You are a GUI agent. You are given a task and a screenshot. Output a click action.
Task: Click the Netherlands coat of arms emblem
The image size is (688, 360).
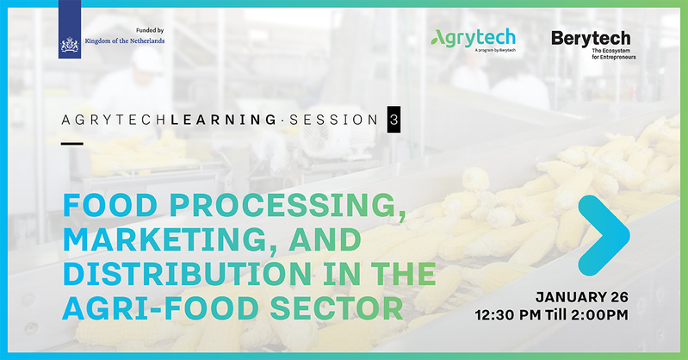(x=70, y=45)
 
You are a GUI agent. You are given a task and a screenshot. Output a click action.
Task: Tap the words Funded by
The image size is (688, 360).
(x=150, y=30)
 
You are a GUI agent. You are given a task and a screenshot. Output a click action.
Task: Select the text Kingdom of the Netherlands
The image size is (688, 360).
(x=125, y=40)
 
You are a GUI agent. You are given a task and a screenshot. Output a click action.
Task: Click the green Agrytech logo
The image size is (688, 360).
(x=473, y=39)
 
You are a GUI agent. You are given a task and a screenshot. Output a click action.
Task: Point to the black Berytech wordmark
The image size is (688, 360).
(x=591, y=39)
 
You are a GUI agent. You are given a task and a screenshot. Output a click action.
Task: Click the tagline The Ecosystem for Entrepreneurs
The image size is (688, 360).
(x=613, y=54)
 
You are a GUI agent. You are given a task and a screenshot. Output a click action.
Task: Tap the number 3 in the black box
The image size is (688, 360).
(x=394, y=120)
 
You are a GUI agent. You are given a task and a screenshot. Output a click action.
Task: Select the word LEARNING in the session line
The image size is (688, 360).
(x=223, y=120)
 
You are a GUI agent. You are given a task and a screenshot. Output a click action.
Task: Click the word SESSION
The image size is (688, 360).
(x=333, y=120)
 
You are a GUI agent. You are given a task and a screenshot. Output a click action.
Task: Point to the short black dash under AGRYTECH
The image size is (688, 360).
(x=72, y=144)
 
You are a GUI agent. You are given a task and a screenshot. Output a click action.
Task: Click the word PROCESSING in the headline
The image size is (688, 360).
(x=288, y=206)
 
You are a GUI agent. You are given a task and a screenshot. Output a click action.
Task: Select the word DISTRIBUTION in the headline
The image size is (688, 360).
(x=188, y=274)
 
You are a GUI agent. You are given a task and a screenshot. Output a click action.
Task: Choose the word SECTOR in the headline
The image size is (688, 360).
(x=337, y=307)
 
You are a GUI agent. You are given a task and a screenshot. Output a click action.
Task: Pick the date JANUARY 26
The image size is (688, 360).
(x=582, y=297)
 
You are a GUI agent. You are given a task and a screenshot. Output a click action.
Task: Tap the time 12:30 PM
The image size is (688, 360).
(x=508, y=314)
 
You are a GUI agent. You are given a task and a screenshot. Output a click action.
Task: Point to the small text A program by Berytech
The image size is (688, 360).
(x=495, y=51)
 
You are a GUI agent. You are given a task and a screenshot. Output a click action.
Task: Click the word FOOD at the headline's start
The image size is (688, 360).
(x=110, y=206)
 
